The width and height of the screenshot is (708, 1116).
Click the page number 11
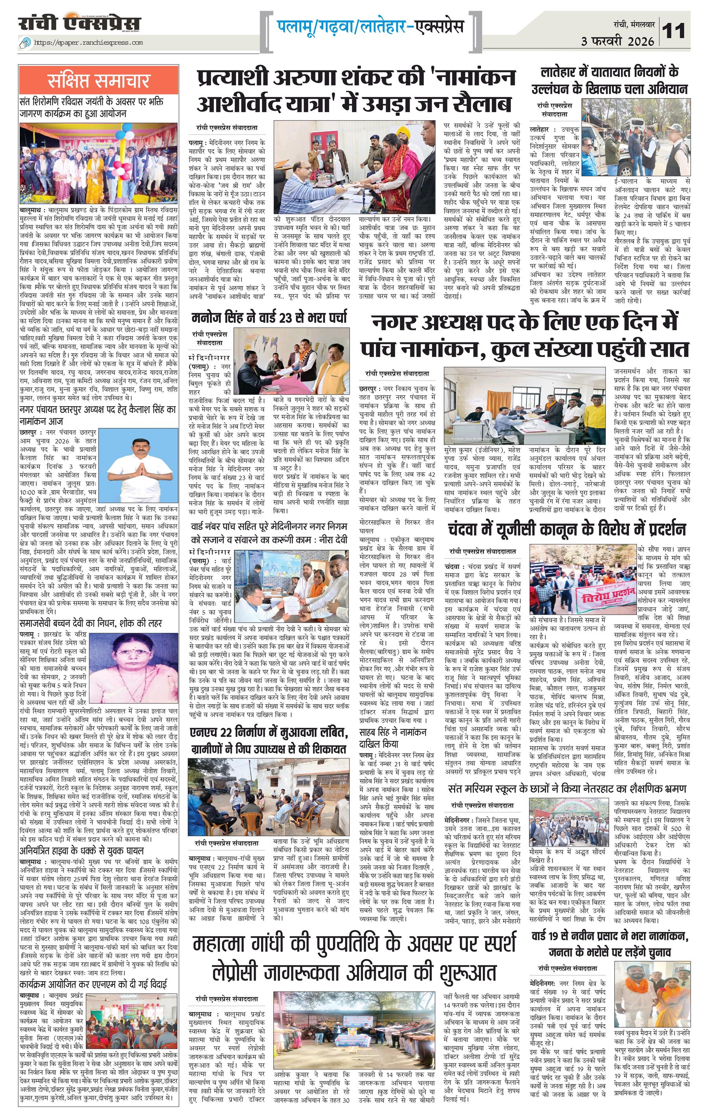674,32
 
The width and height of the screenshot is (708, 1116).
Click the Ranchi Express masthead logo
80,23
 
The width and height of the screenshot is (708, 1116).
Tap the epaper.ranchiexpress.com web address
88,43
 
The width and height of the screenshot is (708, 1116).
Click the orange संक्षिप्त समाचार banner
98,80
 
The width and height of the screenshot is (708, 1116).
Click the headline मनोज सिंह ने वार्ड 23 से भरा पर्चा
269,318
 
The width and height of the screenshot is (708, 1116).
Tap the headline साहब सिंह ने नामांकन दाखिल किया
393,737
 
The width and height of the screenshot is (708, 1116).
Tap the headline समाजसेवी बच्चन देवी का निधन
90,623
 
